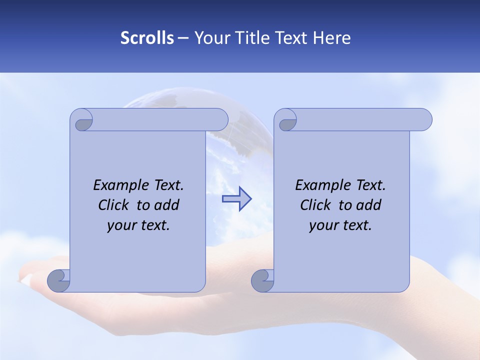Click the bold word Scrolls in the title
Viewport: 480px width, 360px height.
pyautogui.click(x=147, y=38)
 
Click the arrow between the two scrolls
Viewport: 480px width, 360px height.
pyautogui.click(x=236, y=199)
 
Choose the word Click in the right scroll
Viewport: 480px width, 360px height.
pyautogui.click(x=315, y=205)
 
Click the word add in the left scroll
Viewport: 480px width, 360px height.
pyautogui.click(x=166, y=205)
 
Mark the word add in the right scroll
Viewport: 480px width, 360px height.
pyautogui.click(x=368, y=205)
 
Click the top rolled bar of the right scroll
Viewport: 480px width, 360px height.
pyautogui.click(x=360, y=119)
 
